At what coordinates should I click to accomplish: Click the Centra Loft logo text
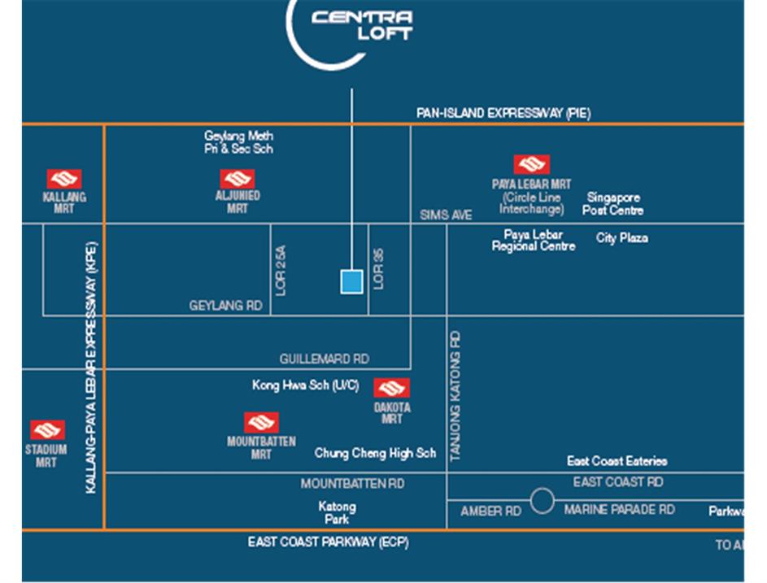(362, 24)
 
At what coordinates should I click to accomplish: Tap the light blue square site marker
(351, 281)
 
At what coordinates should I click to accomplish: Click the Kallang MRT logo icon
(63, 179)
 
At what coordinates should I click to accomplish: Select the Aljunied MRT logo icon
(238, 179)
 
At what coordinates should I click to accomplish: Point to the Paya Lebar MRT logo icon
(531, 165)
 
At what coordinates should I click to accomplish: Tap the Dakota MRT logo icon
(391, 389)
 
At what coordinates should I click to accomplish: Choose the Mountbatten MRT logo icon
(261, 423)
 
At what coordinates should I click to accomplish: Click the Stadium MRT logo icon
(46, 430)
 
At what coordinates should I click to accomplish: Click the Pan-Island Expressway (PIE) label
(503, 114)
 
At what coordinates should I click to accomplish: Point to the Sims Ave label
(446, 215)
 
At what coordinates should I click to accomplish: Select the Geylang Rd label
(225, 306)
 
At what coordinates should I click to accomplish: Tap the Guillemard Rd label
(324, 359)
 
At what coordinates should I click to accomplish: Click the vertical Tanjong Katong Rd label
(455, 396)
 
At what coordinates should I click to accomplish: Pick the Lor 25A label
(281, 271)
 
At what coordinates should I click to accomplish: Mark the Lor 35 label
(378, 268)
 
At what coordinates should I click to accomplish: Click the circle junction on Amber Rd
(542, 501)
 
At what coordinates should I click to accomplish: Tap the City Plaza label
(621, 238)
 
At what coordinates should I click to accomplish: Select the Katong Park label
(337, 512)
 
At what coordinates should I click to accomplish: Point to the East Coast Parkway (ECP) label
(328, 542)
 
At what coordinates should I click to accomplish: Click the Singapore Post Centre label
(612, 204)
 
